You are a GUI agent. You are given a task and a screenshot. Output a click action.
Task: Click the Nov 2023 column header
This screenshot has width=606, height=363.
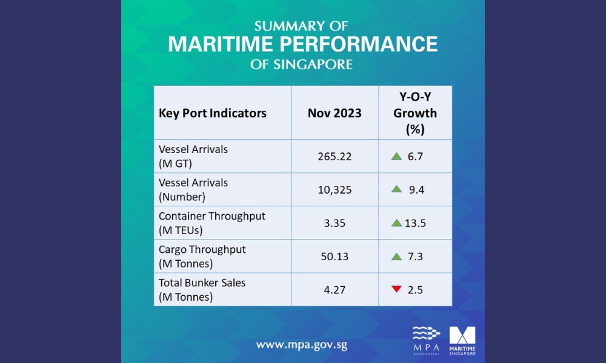click(x=335, y=113)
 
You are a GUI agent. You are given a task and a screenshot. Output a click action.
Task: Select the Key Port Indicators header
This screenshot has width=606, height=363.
click(x=212, y=113)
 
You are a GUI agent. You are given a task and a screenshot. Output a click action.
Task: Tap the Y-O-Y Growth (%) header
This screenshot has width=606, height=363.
click(x=415, y=113)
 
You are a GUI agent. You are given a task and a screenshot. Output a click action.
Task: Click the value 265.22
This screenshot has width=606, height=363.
click(x=335, y=157)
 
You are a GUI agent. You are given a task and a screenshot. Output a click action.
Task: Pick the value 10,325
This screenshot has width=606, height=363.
click(x=335, y=190)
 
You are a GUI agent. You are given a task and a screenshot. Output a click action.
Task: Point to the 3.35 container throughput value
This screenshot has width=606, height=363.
click(x=335, y=223)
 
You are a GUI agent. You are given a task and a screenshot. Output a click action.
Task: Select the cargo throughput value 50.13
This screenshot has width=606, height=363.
click(x=335, y=257)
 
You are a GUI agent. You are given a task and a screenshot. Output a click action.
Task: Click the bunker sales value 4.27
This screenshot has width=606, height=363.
click(x=335, y=290)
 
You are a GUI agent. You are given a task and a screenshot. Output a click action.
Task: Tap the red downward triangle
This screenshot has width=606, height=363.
click(x=396, y=289)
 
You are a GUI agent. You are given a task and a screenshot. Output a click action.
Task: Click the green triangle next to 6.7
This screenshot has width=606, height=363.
click(x=396, y=156)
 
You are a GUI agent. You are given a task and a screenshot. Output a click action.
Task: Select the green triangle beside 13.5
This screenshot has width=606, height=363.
click(x=396, y=223)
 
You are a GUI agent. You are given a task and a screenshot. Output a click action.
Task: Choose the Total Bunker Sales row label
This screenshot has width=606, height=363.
click(x=202, y=290)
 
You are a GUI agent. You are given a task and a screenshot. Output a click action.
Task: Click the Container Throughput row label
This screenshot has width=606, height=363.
click(x=212, y=223)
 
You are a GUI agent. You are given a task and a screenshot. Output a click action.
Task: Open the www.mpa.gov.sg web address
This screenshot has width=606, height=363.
click(x=301, y=345)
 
